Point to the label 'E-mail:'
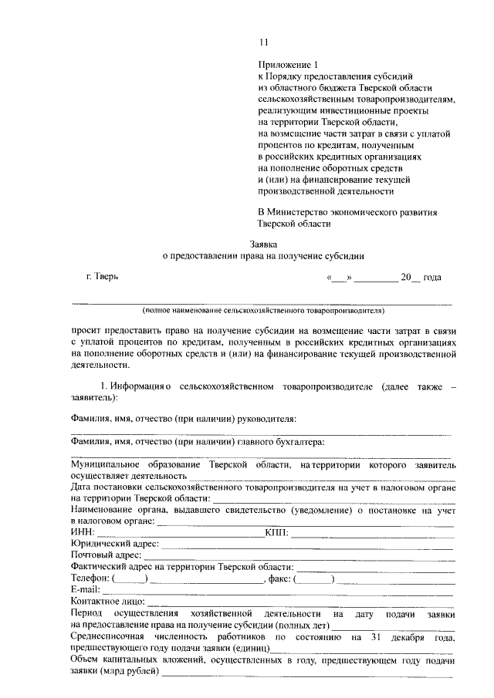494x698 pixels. click(x=85, y=590)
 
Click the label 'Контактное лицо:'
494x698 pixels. click(x=107, y=602)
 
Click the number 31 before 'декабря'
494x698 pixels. click(x=376, y=638)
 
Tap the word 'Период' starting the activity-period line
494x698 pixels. click(x=86, y=613)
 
